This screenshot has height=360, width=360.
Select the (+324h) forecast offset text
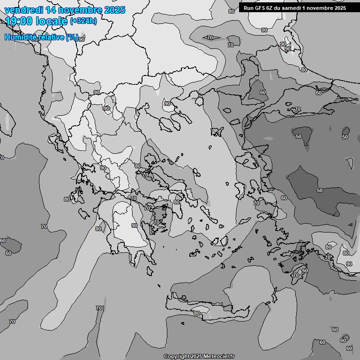tap(83, 21)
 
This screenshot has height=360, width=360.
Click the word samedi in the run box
tap(293, 8)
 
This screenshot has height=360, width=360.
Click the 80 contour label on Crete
tap(197, 313)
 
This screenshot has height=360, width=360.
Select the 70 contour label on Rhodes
tap(295, 275)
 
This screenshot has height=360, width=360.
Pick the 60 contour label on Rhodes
tap(305, 270)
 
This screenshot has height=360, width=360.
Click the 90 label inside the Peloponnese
tap(135, 225)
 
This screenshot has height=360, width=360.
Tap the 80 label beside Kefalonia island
tap(67, 199)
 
